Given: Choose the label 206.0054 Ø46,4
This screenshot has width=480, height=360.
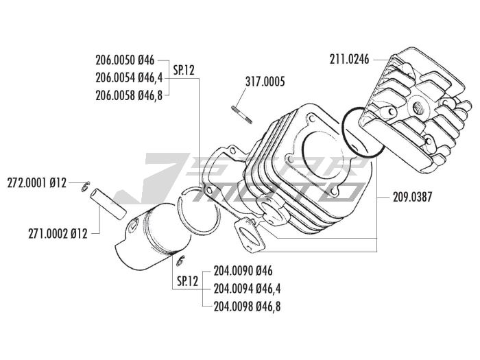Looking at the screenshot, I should pos(128,78).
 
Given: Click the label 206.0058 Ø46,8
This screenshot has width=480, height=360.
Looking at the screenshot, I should pos(128,95).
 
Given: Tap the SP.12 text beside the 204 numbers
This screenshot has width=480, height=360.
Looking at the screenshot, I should pos(187,280).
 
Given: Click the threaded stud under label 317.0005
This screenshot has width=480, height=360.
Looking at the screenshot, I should pos(242,111).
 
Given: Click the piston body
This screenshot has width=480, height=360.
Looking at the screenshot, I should pos(147,237).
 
